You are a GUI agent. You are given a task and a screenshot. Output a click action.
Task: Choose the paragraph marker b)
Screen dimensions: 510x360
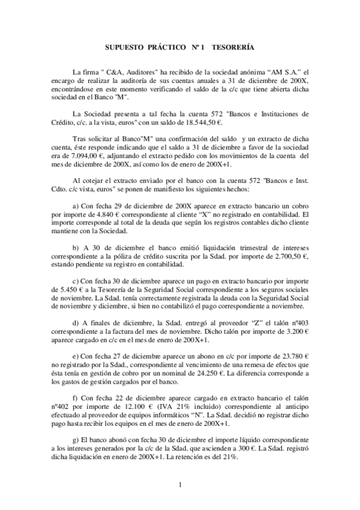(75, 248)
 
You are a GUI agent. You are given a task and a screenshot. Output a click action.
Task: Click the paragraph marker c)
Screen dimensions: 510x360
(75, 281)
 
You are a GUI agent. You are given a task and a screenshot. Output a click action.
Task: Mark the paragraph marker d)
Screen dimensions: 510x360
(75, 322)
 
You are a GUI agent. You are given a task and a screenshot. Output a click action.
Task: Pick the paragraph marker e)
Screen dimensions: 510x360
(75, 355)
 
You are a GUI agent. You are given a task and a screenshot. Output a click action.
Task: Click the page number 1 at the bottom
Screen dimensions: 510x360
(180, 485)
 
